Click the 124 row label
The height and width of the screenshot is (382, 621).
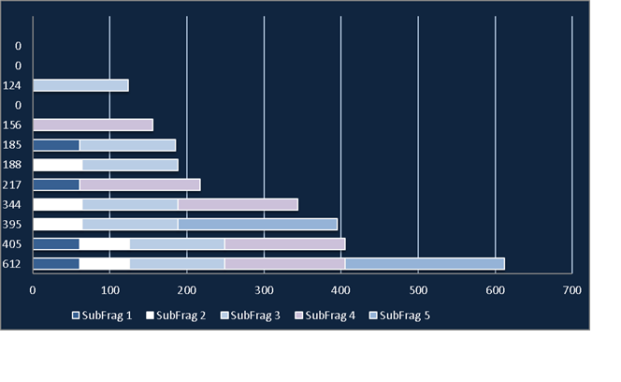click(x=11, y=86)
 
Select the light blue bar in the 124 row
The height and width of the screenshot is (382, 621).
click(x=80, y=85)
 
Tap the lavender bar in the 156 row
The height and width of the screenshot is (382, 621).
click(x=94, y=125)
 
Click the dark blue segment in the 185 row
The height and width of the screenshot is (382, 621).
click(x=56, y=145)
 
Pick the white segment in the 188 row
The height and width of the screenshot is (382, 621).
click(x=58, y=165)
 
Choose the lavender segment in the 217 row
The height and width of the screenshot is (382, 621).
click(x=139, y=184)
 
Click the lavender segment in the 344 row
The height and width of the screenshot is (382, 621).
click(x=238, y=205)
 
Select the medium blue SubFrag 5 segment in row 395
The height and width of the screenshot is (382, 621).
click(x=257, y=225)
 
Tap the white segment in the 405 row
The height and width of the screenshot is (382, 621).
click(x=104, y=244)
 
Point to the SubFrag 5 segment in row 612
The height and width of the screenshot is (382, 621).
click(x=425, y=264)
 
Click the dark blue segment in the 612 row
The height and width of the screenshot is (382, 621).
click(x=56, y=264)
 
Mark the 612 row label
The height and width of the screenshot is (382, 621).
click(x=11, y=264)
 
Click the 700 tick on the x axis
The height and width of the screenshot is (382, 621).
click(x=571, y=290)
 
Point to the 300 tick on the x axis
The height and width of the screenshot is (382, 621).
click(x=264, y=290)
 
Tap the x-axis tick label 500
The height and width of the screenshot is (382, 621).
click(x=418, y=290)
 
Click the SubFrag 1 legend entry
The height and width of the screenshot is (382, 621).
click(x=102, y=316)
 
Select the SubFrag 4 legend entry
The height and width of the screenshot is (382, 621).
click(x=325, y=316)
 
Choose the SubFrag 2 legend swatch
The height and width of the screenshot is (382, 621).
click(x=150, y=316)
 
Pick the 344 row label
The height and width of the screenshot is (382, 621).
click(x=11, y=205)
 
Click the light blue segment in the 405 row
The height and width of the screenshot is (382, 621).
click(x=177, y=244)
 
